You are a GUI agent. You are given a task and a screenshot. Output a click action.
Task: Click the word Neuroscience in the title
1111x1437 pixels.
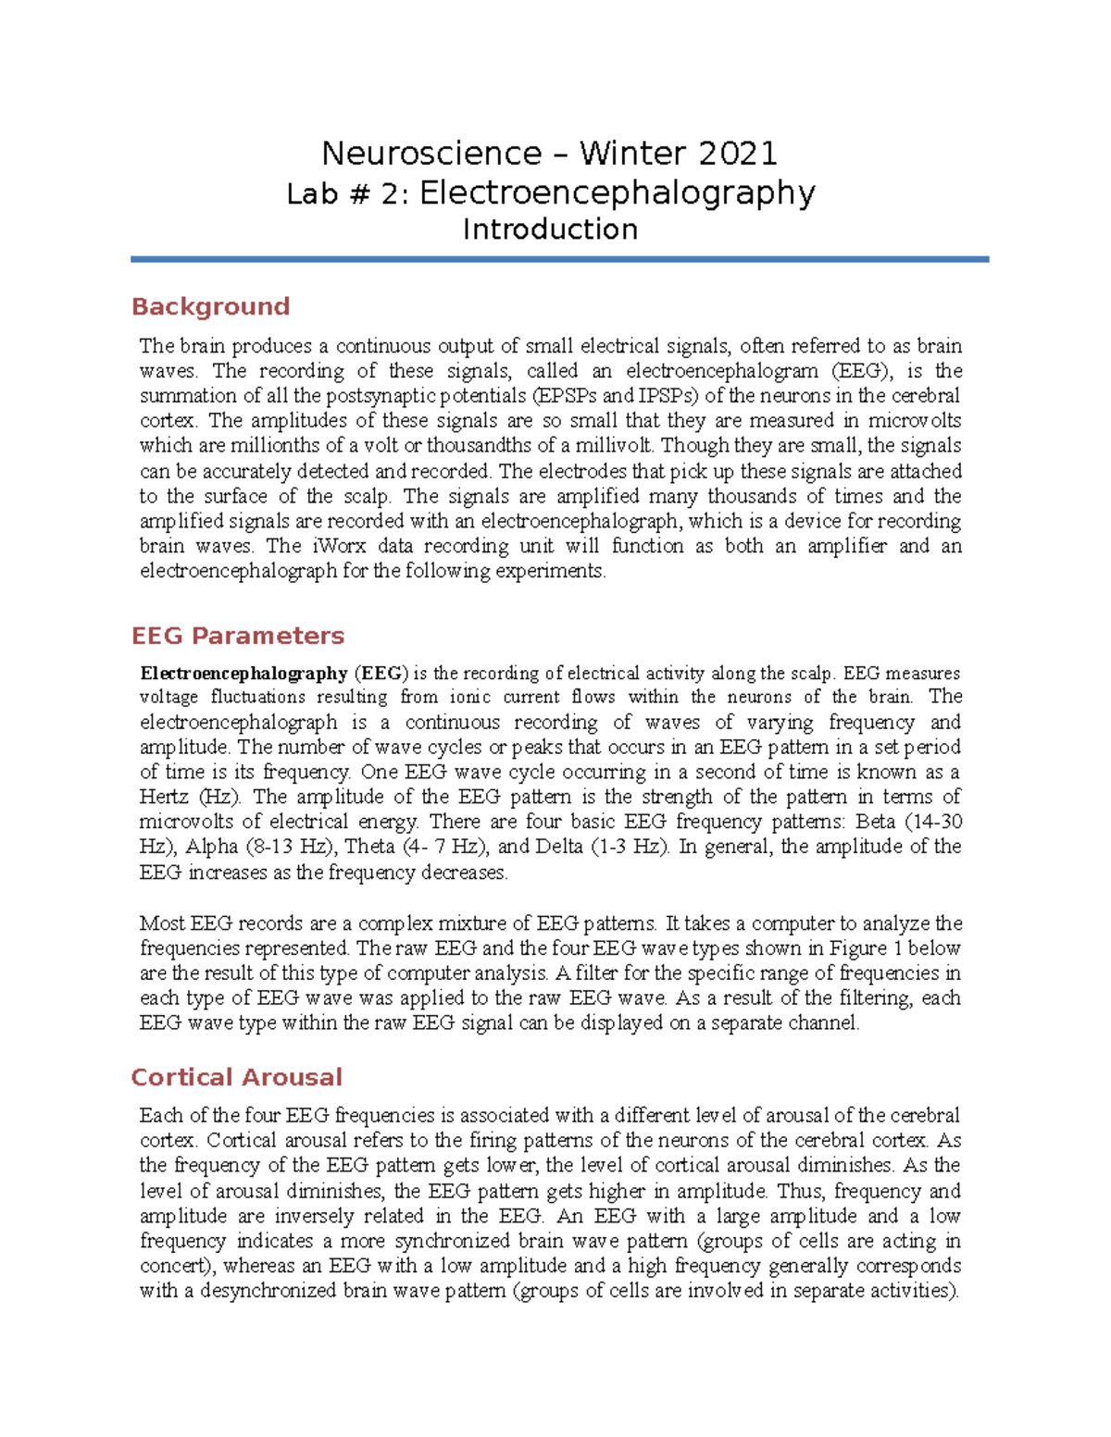pyautogui.click(x=431, y=153)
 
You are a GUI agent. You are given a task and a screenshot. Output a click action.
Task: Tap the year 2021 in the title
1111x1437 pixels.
pyautogui.click(x=738, y=153)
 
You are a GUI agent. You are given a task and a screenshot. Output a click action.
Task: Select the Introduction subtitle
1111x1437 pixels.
pyautogui.click(x=550, y=229)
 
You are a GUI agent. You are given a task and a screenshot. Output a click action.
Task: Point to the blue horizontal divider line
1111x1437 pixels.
pyautogui.click(x=559, y=260)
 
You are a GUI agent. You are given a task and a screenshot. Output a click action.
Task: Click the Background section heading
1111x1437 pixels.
pyautogui.click(x=210, y=306)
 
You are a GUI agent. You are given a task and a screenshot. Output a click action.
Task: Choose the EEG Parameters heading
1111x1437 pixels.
pyautogui.click(x=237, y=636)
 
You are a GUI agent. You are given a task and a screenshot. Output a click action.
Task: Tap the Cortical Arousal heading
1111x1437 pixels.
pyautogui.click(x=236, y=1077)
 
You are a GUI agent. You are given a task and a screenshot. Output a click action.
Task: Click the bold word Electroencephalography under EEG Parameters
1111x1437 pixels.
pyautogui.click(x=243, y=674)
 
